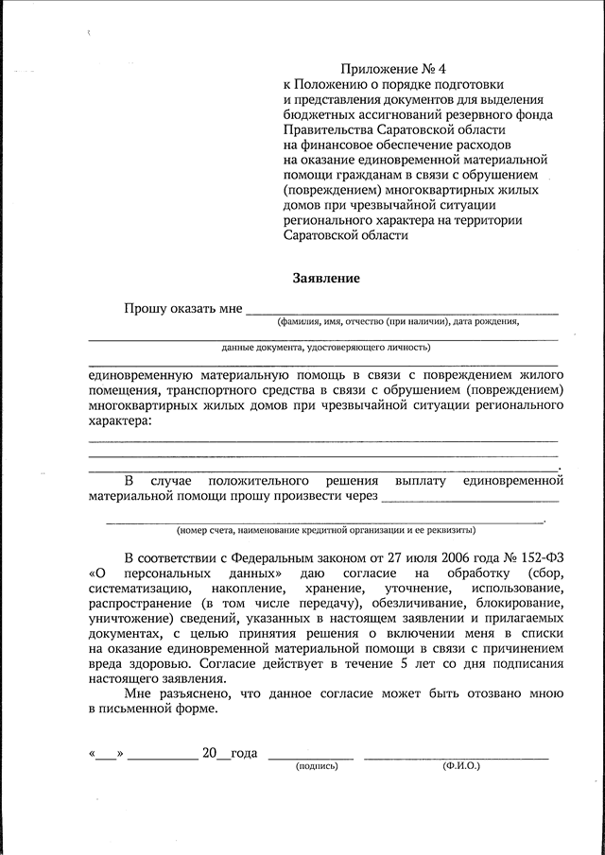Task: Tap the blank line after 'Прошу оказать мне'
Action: point(401,311)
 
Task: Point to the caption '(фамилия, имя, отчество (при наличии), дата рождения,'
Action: point(398,322)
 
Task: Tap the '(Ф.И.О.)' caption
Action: point(460,766)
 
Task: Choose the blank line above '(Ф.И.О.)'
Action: point(456,757)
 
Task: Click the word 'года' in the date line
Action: point(243,753)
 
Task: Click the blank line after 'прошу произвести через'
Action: point(470,496)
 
